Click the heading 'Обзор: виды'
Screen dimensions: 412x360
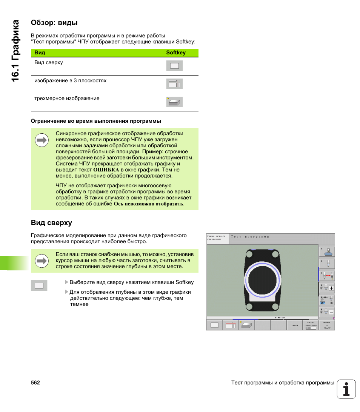pos(54,23)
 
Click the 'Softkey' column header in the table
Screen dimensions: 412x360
pos(176,53)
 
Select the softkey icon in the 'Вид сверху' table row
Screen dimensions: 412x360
pos(174,66)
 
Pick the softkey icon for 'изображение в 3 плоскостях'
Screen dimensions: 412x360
pos(174,84)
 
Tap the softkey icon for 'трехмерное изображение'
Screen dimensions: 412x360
pos(174,102)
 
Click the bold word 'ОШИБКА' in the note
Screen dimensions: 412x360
pos(106,170)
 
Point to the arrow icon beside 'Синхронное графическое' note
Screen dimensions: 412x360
pos(42,141)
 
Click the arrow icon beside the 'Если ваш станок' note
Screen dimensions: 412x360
pos(42,261)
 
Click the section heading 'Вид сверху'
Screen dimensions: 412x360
pos(51,223)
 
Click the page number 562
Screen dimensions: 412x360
pos(35,383)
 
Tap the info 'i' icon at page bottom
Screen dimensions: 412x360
pos(346,389)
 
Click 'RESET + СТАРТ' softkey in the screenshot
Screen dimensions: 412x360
pos(327,325)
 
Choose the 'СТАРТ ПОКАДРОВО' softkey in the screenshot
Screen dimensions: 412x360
pos(311,325)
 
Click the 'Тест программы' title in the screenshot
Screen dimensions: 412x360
pos(250,237)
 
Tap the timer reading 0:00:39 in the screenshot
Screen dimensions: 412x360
pos(280,318)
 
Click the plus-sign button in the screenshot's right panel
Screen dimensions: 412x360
pos(331,288)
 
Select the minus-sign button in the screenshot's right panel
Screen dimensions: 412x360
pos(331,312)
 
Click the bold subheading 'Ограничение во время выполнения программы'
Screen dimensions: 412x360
pos(96,121)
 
